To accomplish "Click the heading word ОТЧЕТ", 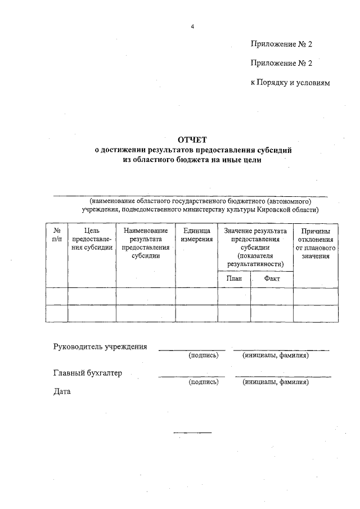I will point(192,139).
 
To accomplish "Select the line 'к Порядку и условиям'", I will point(290,82).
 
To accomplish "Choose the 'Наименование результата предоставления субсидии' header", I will point(146,243).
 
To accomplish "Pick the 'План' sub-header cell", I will point(234,278).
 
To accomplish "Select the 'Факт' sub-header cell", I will point(272,278).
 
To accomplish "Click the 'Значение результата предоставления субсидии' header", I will point(255,247).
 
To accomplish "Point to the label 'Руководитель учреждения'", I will point(100,346).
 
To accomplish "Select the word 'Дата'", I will point(62,391).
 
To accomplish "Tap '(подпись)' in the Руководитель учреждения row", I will point(204,355).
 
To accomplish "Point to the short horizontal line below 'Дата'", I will point(192,433).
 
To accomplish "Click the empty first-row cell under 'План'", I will point(234,296).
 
